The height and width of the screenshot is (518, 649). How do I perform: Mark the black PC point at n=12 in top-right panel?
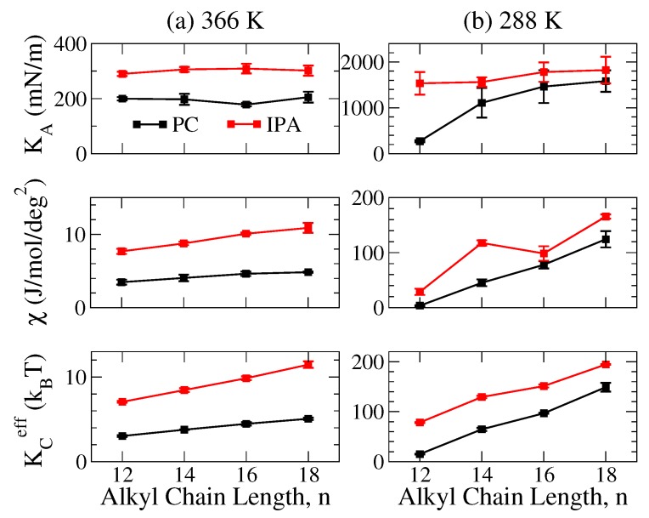(420, 141)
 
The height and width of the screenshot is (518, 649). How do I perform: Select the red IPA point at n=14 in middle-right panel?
(482, 242)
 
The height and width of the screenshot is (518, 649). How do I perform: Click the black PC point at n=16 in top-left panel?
(246, 105)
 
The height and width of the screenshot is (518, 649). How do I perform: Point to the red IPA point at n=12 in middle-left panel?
(122, 252)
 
